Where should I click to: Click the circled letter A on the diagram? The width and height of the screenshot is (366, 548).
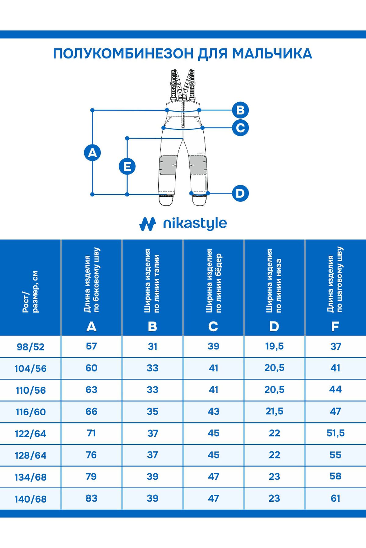click(x=92, y=153)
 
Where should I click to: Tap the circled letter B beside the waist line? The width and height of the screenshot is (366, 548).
click(x=240, y=110)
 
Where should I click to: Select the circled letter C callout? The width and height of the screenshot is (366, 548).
click(x=240, y=128)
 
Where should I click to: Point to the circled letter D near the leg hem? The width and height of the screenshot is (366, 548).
click(x=240, y=193)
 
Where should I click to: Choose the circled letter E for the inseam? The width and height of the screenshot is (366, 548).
click(x=127, y=167)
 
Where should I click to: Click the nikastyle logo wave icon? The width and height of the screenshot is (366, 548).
click(x=148, y=224)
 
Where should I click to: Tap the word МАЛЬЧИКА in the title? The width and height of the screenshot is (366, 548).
click(x=272, y=54)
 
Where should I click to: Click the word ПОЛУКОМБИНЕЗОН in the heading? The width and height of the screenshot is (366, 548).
click(x=123, y=54)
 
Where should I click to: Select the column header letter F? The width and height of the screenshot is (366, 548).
click(x=335, y=327)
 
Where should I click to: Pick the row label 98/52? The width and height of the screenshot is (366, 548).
click(x=30, y=347)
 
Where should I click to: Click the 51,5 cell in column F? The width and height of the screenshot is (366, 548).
click(x=335, y=433)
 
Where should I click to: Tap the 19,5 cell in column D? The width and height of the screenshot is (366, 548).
click(x=274, y=346)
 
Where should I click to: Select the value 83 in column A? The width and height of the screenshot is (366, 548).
click(x=91, y=498)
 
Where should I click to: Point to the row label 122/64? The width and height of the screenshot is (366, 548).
click(x=30, y=434)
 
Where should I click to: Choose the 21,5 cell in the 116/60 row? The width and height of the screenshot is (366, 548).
click(x=274, y=411)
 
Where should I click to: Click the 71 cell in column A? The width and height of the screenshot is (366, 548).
click(x=91, y=433)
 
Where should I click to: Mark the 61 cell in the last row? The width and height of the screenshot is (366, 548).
click(x=335, y=498)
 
